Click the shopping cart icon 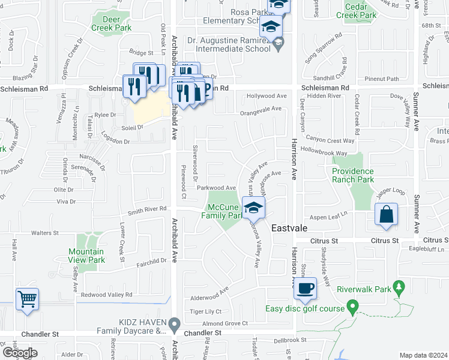coord(27,299)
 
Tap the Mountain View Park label coord(86,256)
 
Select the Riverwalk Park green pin coord(397,289)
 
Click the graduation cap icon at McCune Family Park coord(254,208)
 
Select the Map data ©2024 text coord(424,355)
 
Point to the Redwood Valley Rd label coord(106,295)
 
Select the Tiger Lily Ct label coord(206,311)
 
